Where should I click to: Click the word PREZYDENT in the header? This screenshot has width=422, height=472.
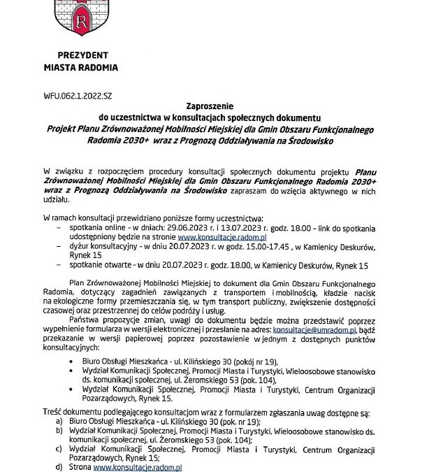(x=84, y=55)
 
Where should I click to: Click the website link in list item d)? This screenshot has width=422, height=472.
(x=138, y=465)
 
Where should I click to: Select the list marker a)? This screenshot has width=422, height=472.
(x=59, y=422)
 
